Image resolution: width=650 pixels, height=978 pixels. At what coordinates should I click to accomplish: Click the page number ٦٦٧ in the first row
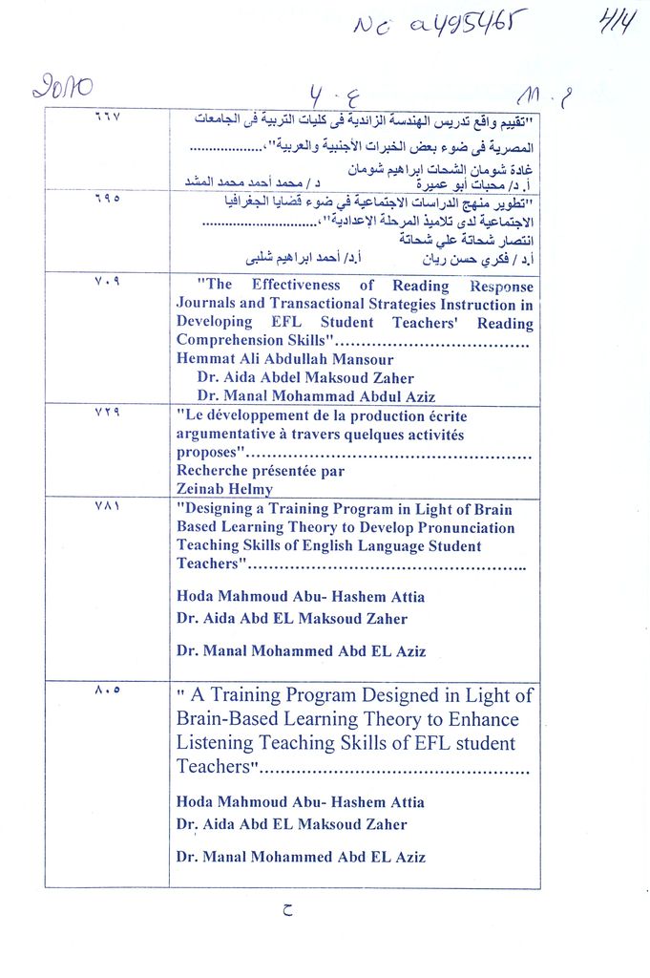[106, 117]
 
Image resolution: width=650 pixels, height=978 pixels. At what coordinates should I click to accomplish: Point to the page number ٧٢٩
[106, 412]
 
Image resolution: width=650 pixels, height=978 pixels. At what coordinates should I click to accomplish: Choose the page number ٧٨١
[106, 506]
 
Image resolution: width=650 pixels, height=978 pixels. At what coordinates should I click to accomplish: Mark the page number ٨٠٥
[107, 691]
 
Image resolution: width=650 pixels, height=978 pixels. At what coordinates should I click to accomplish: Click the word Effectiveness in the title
[296, 285]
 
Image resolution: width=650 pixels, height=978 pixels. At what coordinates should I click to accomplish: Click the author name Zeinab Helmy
[224, 488]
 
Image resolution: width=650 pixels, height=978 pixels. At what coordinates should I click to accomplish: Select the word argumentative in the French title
[229, 435]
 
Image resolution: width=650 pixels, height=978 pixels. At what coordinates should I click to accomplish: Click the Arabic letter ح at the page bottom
[288, 910]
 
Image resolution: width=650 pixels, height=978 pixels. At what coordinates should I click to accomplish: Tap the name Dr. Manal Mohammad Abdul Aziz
[316, 396]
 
